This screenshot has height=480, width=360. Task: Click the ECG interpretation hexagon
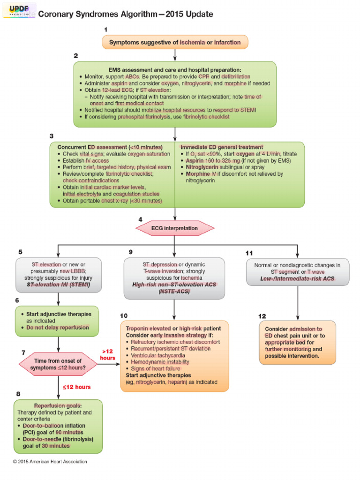(x=174, y=228)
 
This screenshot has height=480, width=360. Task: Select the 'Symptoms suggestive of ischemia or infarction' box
(x=174, y=42)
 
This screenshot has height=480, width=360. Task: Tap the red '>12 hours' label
(x=108, y=354)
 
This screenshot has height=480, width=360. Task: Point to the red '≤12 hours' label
(x=76, y=387)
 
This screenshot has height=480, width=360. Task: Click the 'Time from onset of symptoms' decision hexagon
(x=58, y=364)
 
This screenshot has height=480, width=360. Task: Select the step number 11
(x=249, y=253)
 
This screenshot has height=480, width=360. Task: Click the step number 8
(x=18, y=394)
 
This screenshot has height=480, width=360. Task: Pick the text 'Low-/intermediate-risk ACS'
(x=297, y=278)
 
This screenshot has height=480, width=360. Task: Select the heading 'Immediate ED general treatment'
(x=222, y=147)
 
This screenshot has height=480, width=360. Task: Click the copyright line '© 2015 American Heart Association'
(x=50, y=462)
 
